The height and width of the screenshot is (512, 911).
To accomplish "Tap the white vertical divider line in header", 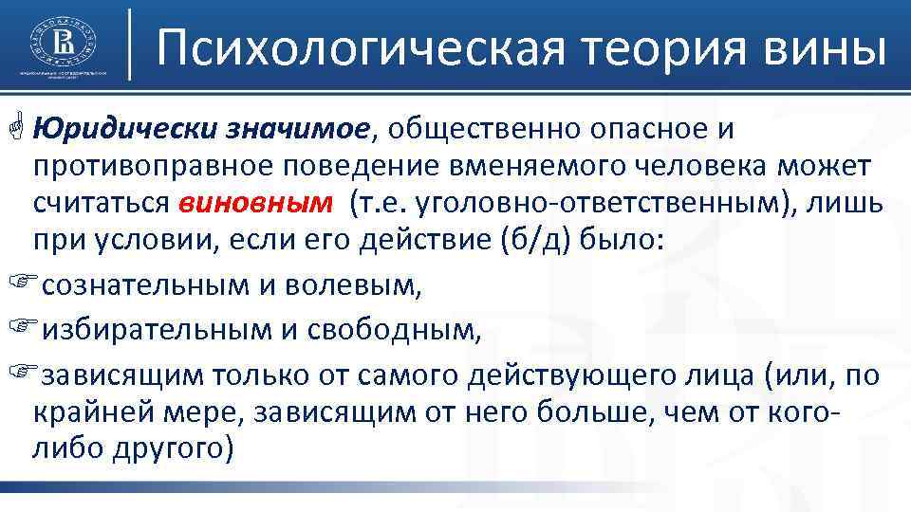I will click(129, 45).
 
